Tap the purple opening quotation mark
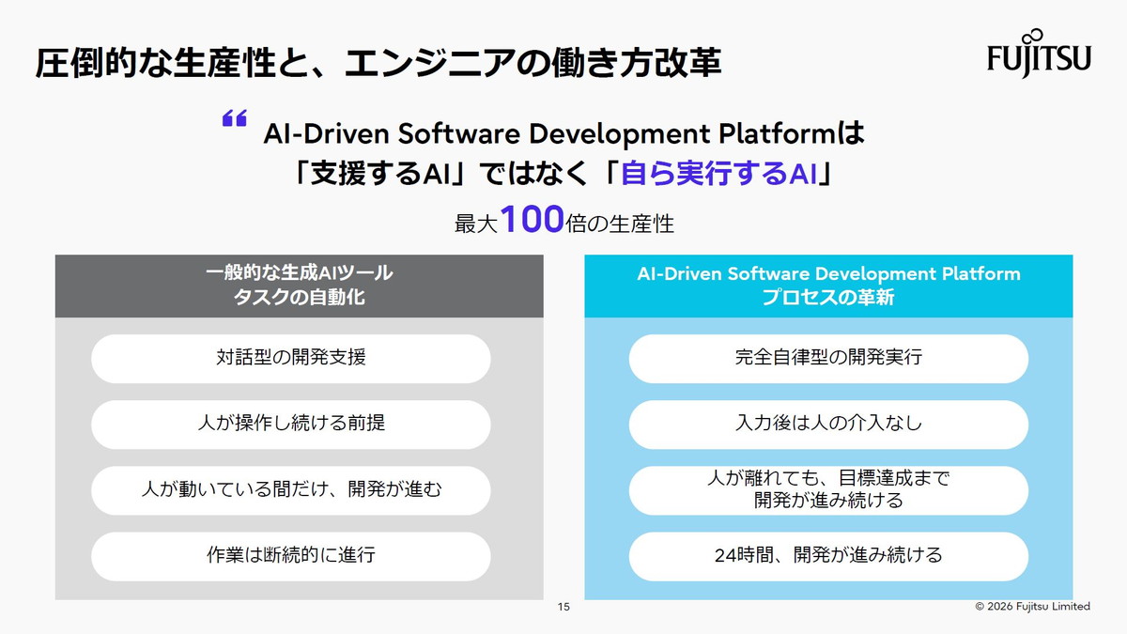(x=234, y=118)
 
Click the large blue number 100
(x=532, y=221)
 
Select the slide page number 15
(x=563, y=607)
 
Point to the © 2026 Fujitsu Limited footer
(x=1032, y=607)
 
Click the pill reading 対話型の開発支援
(x=290, y=358)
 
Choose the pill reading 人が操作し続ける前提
(x=290, y=424)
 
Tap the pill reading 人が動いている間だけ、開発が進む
(x=290, y=489)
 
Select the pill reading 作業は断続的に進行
(x=290, y=555)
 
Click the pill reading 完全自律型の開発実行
(x=828, y=358)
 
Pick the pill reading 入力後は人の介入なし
(x=828, y=424)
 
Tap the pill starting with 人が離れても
(x=828, y=489)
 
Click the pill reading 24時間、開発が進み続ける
(x=828, y=555)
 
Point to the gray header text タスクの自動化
(x=299, y=298)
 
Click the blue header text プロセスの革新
(x=828, y=298)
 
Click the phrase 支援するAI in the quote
(x=384, y=174)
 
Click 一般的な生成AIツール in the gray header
(x=299, y=273)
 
